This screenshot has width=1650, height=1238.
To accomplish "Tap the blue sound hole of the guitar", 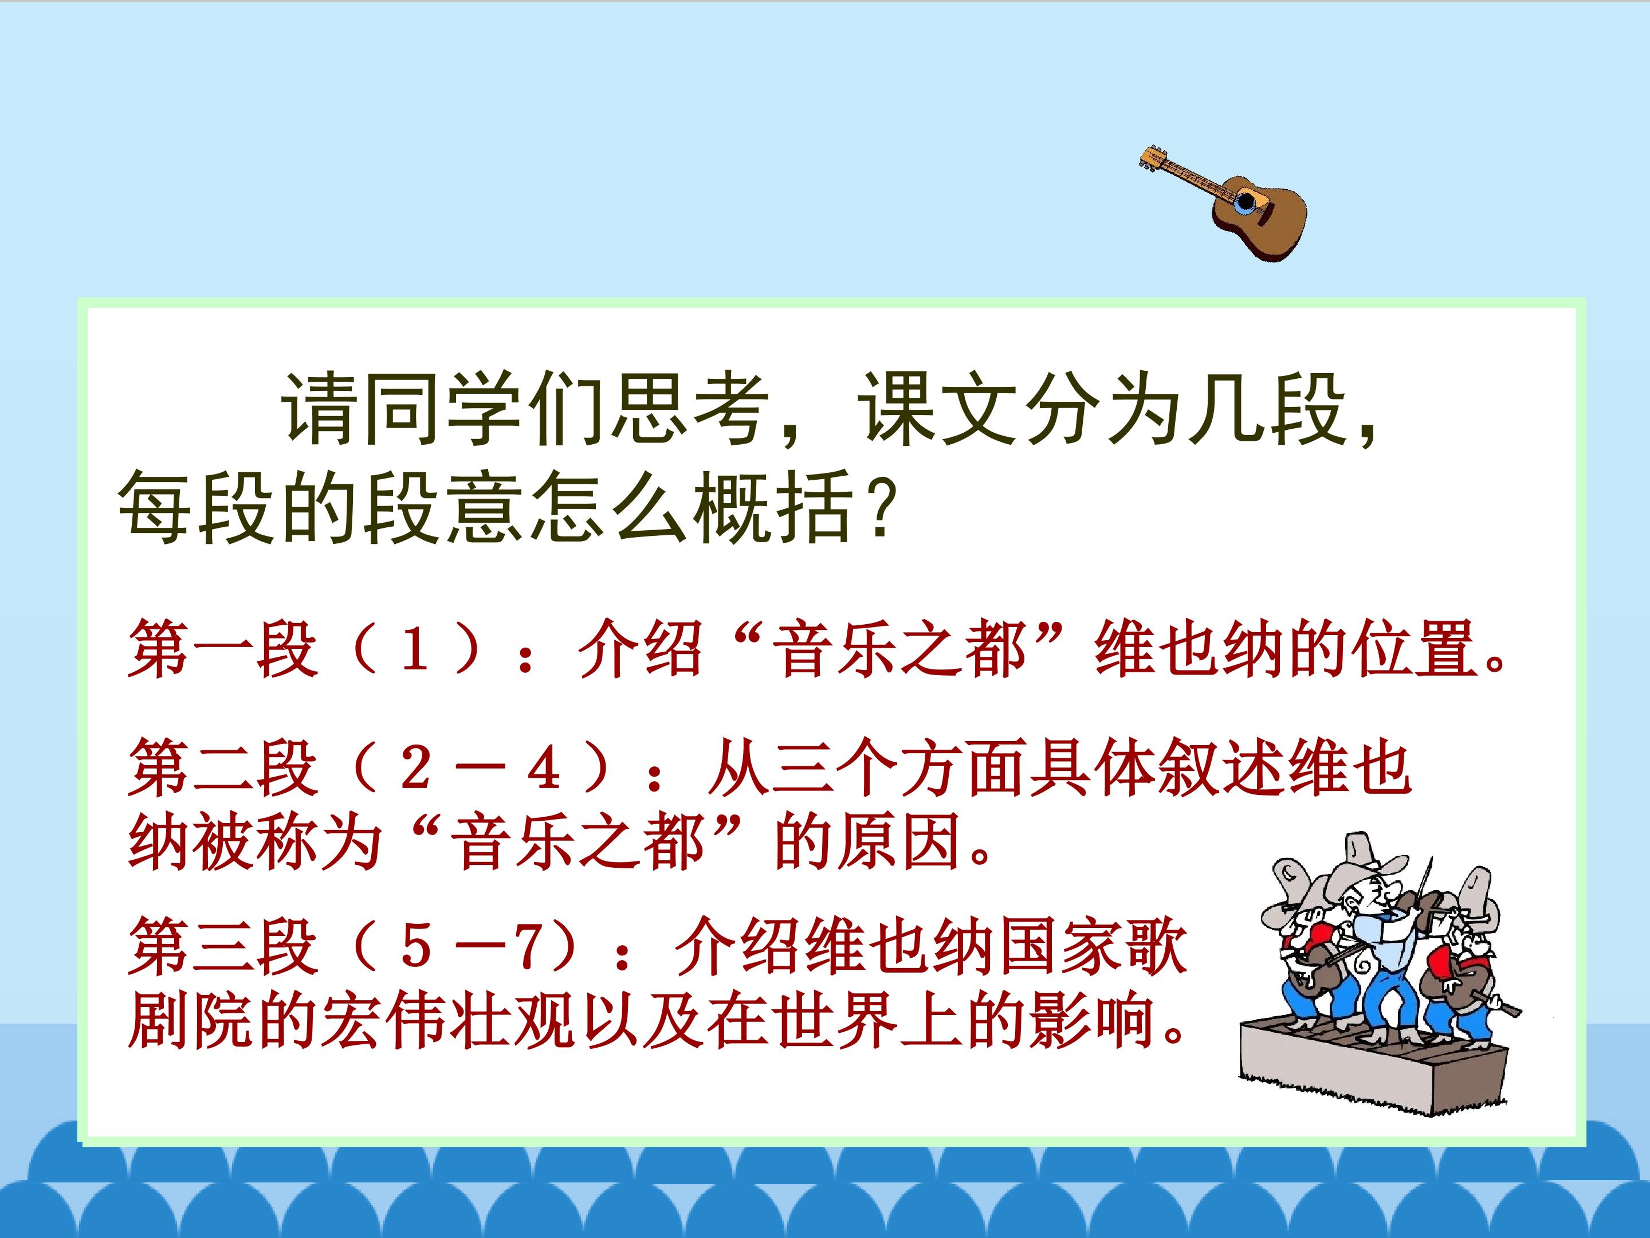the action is (x=1246, y=202).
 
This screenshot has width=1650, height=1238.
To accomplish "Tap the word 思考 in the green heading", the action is (x=690, y=409).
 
